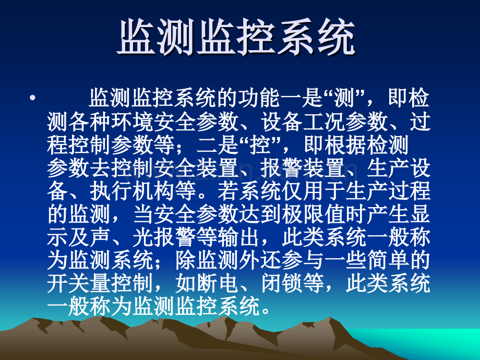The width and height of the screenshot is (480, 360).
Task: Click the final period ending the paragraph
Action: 266,311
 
